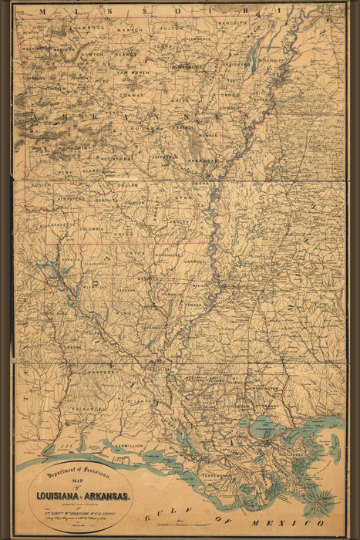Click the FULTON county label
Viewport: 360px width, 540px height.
tap(171, 28)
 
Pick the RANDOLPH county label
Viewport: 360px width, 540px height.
tap(232, 23)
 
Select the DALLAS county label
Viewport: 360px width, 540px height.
tap(127, 186)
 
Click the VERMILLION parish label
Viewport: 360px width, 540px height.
tap(129, 446)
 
